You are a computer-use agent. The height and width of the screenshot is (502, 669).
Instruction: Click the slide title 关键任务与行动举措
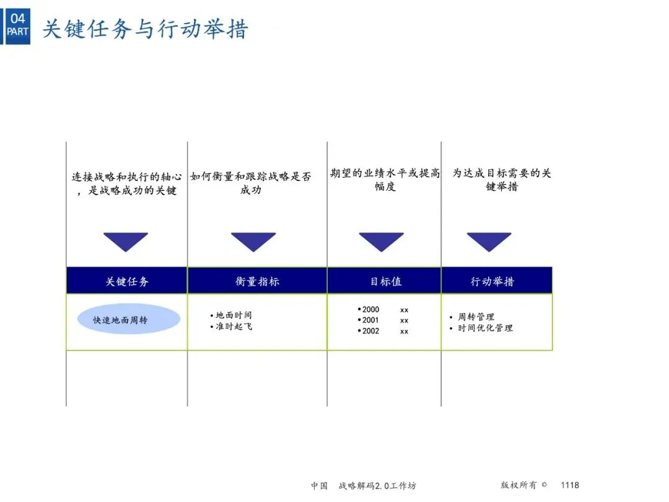[x=145, y=29]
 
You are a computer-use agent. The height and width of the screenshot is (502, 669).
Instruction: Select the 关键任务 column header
[x=127, y=281]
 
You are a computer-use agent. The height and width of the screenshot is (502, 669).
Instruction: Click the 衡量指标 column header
[x=257, y=281]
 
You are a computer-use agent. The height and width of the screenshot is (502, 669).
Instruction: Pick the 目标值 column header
[x=385, y=281]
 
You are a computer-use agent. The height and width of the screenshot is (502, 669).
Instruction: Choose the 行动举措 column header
[x=492, y=281]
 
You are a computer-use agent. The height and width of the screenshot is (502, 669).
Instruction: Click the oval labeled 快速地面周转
[x=129, y=320]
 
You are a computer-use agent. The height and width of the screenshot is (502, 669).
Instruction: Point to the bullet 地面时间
[x=234, y=315]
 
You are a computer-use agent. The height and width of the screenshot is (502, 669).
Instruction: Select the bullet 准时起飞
[x=234, y=326]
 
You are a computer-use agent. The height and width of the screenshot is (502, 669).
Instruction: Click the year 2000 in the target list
[x=370, y=310]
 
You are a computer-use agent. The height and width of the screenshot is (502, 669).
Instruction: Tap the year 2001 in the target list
[x=370, y=320]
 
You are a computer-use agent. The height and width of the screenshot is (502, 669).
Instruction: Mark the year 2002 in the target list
[x=370, y=331]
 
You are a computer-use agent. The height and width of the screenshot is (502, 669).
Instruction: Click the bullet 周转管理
[x=476, y=317]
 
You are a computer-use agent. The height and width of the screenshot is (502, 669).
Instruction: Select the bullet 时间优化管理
[x=485, y=328]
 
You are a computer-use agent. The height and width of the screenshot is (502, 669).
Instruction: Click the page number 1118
[x=570, y=485]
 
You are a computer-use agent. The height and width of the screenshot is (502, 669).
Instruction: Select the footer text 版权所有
[x=520, y=485]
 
